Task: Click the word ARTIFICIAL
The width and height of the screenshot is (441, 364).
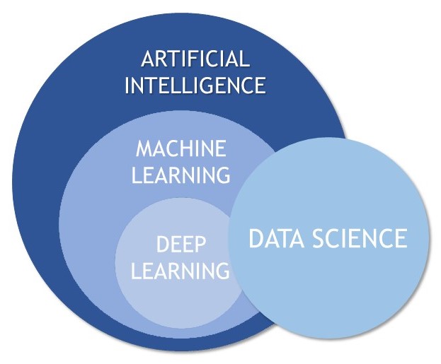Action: click(x=196, y=59)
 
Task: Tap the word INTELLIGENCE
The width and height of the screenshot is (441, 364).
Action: click(x=195, y=85)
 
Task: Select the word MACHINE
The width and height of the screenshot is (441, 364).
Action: click(x=181, y=148)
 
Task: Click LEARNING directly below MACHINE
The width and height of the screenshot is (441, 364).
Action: click(x=181, y=175)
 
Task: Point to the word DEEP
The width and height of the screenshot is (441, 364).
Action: click(x=181, y=244)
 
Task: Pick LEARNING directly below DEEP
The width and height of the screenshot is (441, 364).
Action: click(x=181, y=270)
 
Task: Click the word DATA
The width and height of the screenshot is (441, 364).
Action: click(x=277, y=238)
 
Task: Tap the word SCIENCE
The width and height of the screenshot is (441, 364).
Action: click(x=360, y=238)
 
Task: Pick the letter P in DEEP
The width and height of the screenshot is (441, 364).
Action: click(x=200, y=244)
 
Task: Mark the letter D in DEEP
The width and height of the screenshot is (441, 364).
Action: click(x=163, y=244)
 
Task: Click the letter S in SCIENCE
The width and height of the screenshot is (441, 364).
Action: click(x=318, y=238)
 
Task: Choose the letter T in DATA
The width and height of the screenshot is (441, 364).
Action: click(x=284, y=238)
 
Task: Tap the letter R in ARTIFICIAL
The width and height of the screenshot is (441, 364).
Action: click(x=164, y=59)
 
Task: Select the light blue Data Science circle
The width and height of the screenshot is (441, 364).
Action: click(x=329, y=238)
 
